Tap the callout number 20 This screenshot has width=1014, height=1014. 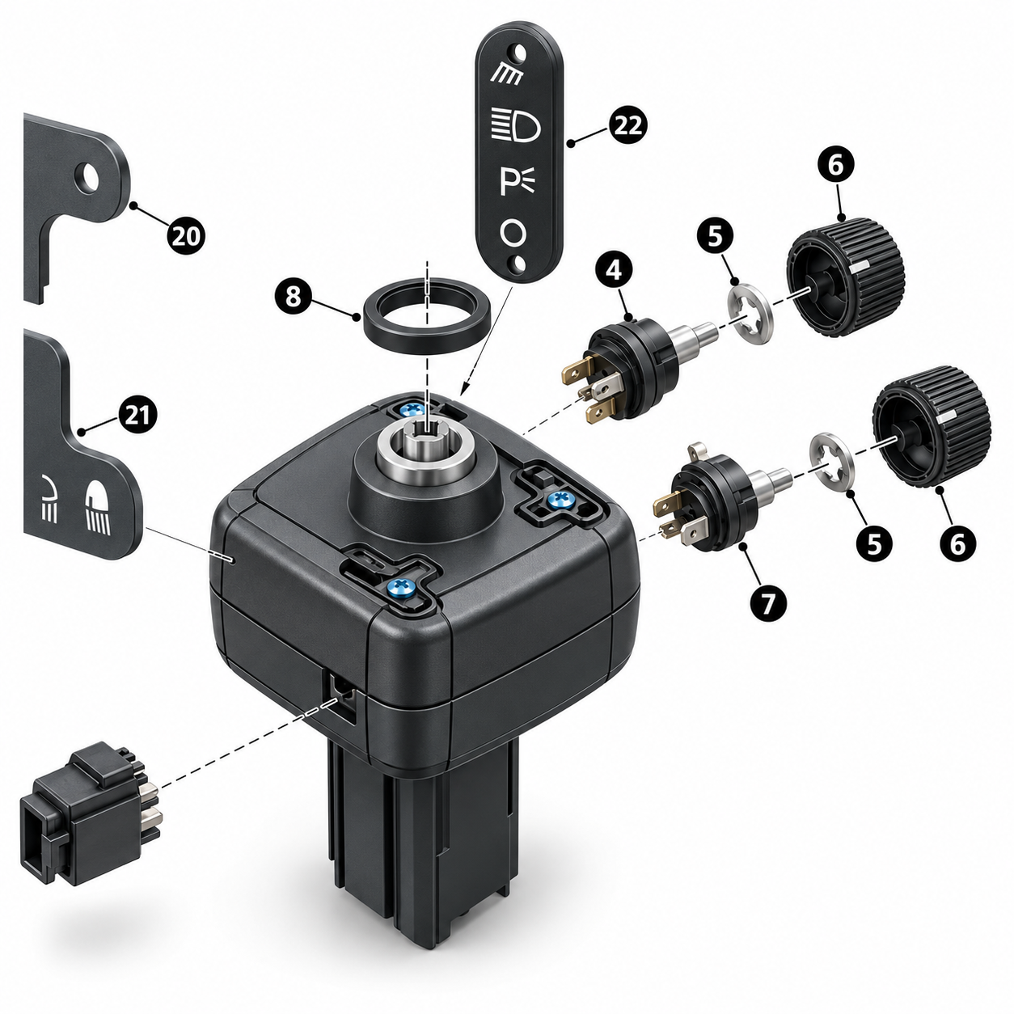186,236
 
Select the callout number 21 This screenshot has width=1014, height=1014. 137,416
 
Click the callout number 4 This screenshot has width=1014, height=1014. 614,270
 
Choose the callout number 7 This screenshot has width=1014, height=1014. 769,603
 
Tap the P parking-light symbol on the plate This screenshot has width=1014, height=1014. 518,182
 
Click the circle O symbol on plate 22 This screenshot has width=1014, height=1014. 513,232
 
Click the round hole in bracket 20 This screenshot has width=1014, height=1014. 87,178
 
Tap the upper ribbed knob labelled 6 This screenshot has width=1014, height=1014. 846,277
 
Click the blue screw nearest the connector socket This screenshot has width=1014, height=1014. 399,587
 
